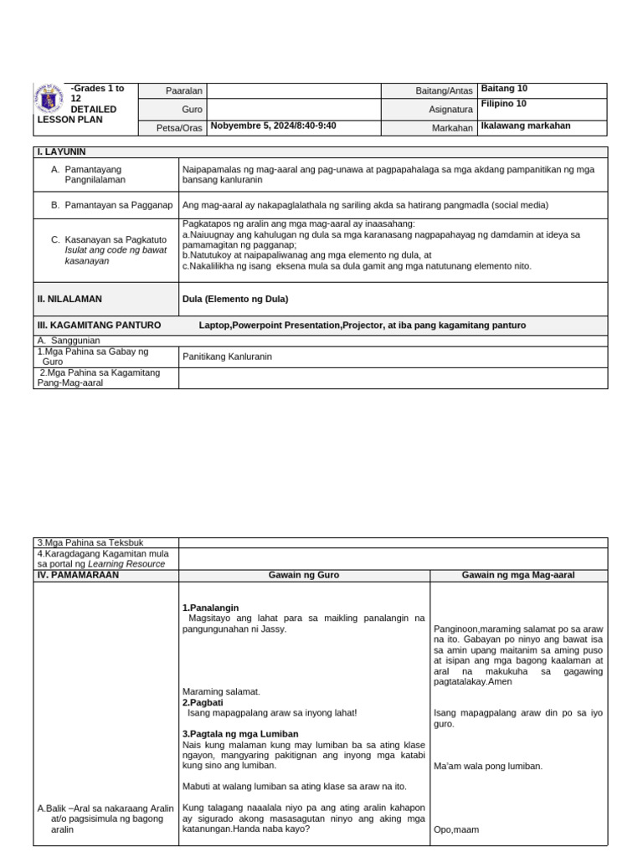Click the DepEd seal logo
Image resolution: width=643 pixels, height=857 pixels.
51,98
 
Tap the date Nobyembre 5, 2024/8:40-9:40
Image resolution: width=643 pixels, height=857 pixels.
273,126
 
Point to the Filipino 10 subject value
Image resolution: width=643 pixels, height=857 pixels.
504,104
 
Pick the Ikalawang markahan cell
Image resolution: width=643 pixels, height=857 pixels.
526,126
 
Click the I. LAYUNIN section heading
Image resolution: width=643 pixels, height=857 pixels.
61,151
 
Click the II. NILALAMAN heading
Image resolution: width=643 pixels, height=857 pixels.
69,299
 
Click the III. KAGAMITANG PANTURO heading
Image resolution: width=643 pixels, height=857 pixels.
99,326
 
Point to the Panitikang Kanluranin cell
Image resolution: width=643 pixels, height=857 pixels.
227,357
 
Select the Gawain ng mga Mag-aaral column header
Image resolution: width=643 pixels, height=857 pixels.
518,575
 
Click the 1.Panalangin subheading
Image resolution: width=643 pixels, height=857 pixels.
210,607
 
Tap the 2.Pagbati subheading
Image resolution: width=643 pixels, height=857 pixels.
201,703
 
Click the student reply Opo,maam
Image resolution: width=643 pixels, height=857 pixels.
456,830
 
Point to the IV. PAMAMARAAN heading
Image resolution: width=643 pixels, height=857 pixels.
78,575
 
